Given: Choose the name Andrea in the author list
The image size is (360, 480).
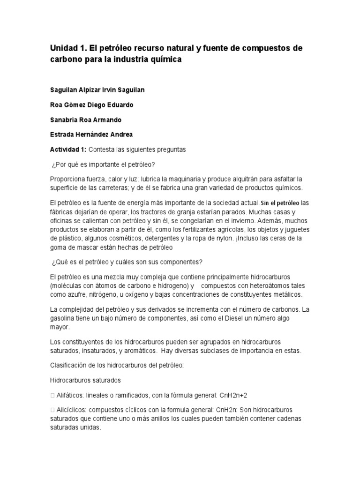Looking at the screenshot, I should pyautogui.click(x=121, y=134).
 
